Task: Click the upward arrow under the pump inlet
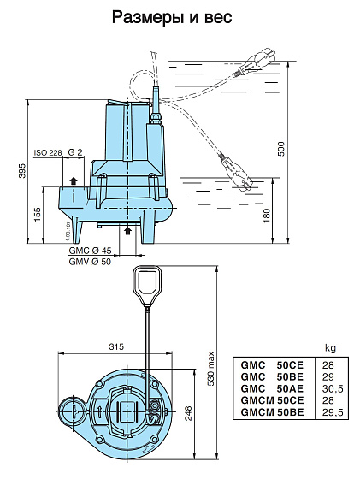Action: (127, 230)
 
